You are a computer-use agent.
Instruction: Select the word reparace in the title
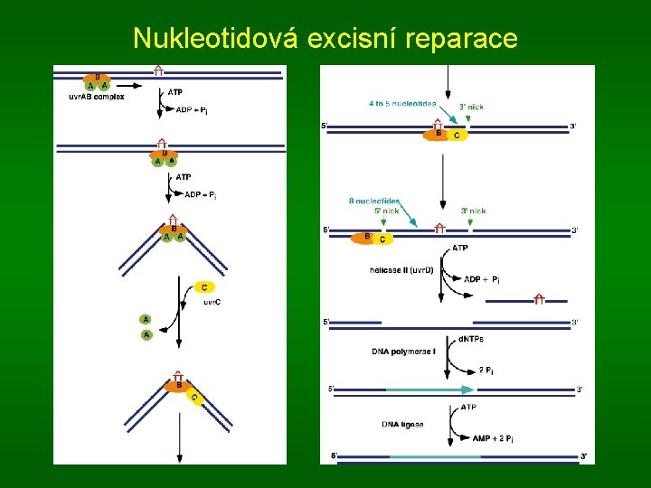coord(463,38)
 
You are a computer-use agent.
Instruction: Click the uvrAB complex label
coord(97,96)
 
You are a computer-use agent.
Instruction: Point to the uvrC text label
coord(210,301)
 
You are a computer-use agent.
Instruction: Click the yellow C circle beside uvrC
coord(204,287)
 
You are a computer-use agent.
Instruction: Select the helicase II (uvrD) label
coord(402,269)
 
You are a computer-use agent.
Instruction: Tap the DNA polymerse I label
coord(403,351)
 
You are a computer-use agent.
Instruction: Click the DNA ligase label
coord(403,424)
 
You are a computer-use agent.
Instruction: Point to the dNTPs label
coord(471,339)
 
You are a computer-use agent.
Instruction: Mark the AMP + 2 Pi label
coord(494,438)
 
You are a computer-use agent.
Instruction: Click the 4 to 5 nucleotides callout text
coord(402,103)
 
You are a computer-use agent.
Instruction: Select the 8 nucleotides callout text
coord(374,201)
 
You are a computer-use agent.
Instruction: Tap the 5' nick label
coord(386,211)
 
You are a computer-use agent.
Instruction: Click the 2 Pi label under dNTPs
coord(486,370)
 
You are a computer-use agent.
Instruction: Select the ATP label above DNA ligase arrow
coord(469,408)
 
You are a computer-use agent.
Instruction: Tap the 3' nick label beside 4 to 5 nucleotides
coord(471,107)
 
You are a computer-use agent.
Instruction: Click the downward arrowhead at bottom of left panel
coord(179,458)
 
